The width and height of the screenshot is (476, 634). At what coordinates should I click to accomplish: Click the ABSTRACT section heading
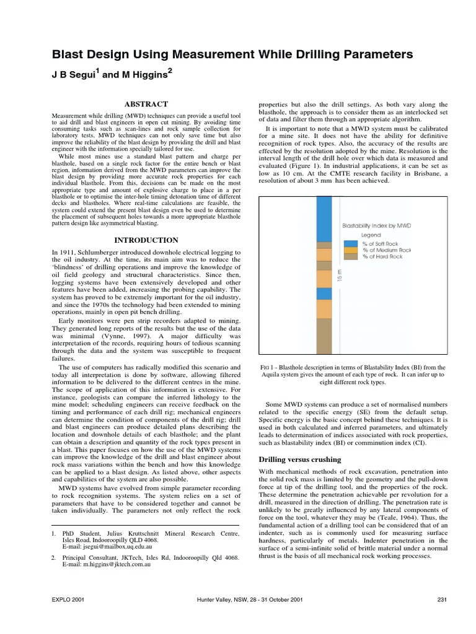click(x=147, y=105)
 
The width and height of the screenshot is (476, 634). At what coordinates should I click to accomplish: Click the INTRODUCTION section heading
click(x=147, y=240)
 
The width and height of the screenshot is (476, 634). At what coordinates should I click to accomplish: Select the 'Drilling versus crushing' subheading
click(x=299, y=459)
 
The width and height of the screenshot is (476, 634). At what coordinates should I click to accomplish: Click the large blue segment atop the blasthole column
click(x=324, y=220)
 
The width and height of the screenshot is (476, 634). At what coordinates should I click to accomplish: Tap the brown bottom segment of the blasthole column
click(x=324, y=338)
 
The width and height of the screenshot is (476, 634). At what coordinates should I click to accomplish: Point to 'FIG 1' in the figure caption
click(x=267, y=367)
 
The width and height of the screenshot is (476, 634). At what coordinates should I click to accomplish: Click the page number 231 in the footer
click(x=442, y=617)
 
